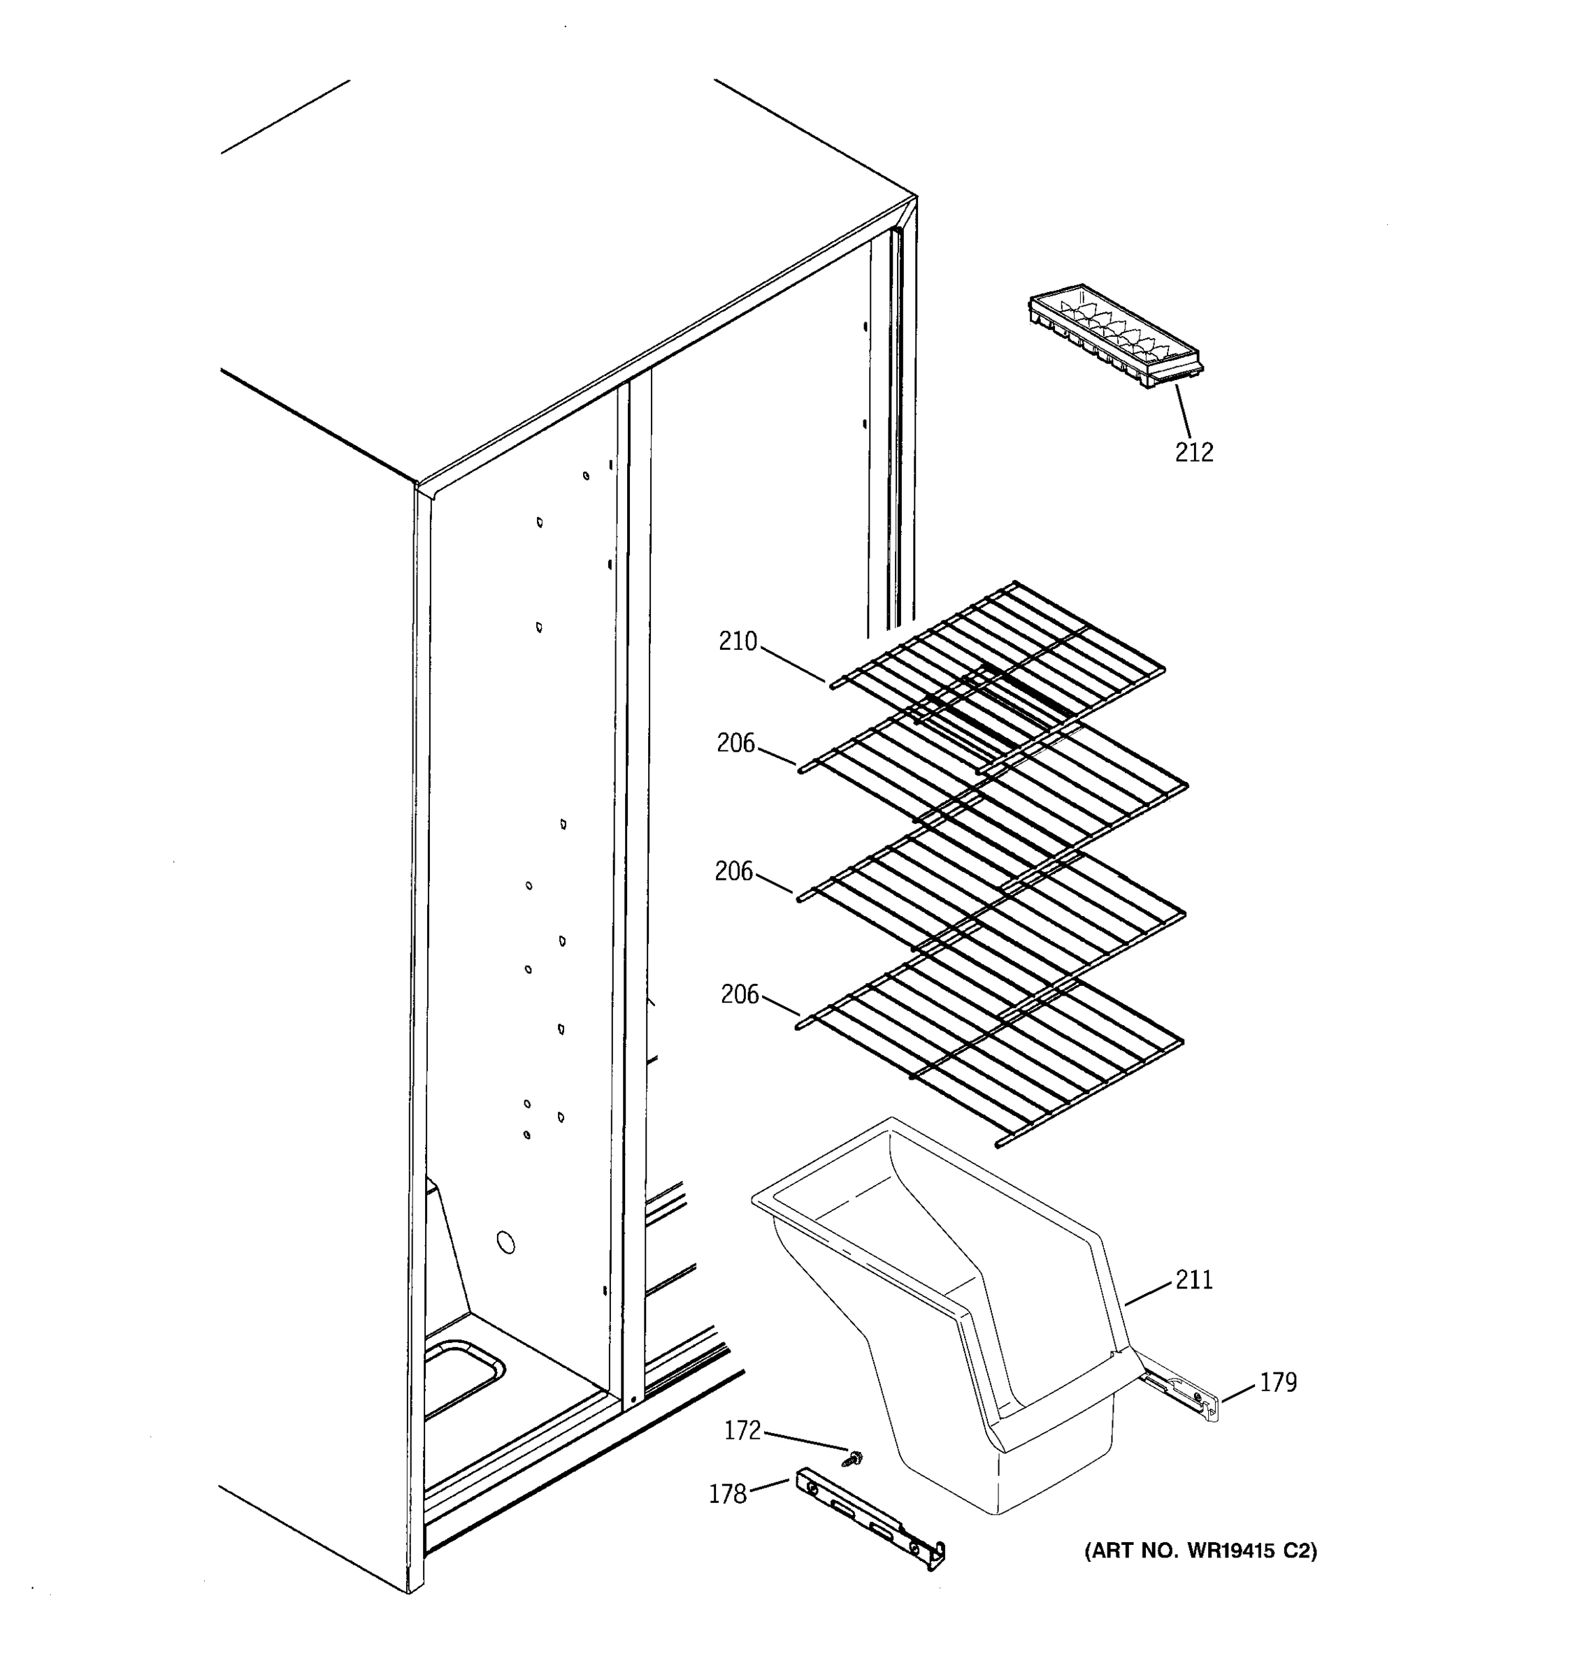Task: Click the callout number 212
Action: [x=1193, y=453]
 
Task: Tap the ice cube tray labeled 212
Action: [x=1114, y=337]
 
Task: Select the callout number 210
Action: [x=738, y=642]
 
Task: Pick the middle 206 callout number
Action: [x=733, y=871]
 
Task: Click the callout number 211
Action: [x=1193, y=1279]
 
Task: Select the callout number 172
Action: [x=742, y=1430]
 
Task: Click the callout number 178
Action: [x=728, y=1494]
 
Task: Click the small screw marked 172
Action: [x=856, y=1456]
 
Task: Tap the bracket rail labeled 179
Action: [x=1181, y=1397]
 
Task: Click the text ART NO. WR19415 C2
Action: [x=1200, y=1551]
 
